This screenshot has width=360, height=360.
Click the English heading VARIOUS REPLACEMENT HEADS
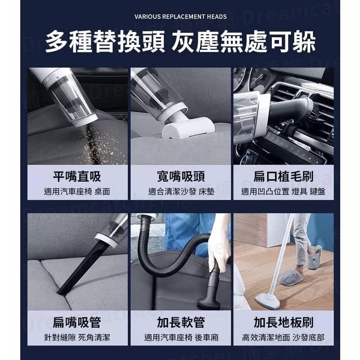pos(180,17)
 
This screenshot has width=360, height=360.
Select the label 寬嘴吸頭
pos(180,176)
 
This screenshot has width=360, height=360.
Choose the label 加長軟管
pos(180,322)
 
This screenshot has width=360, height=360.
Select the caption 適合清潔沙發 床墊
pos(180,191)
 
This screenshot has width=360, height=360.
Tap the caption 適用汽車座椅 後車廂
pos(180,337)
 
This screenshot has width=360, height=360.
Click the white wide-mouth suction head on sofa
pos(182,129)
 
